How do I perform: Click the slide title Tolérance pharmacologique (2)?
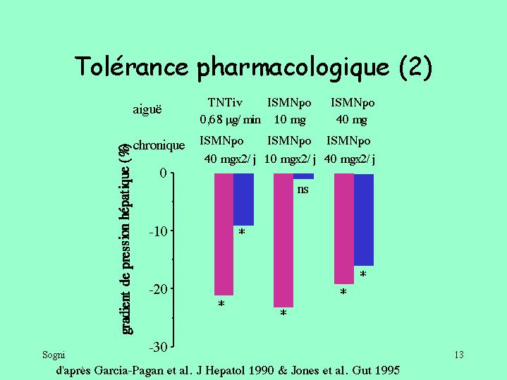(x=253, y=67)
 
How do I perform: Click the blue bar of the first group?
(x=243, y=200)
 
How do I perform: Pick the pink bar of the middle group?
(x=283, y=240)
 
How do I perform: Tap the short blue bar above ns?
(x=303, y=176)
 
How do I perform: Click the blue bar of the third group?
(x=363, y=219)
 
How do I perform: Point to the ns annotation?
(x=303, y=189)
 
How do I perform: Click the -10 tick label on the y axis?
(x=157, y=231)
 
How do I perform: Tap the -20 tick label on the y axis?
(x=157, y=289)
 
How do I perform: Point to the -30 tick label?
(x=157, y=347)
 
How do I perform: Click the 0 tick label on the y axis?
(x=162, y=173)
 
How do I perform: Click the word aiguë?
(x=147, y=109)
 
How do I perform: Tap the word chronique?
(x=159, y=146)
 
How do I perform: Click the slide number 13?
(x=459, y=355)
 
